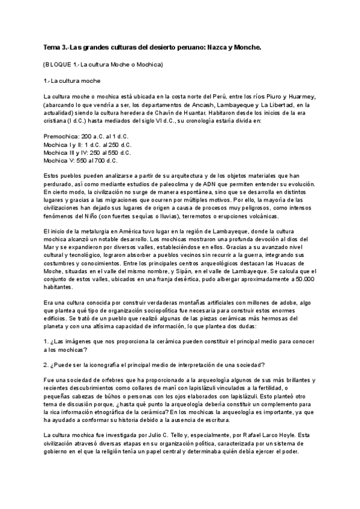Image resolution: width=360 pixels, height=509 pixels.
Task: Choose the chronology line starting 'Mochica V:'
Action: tap(80, 160)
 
